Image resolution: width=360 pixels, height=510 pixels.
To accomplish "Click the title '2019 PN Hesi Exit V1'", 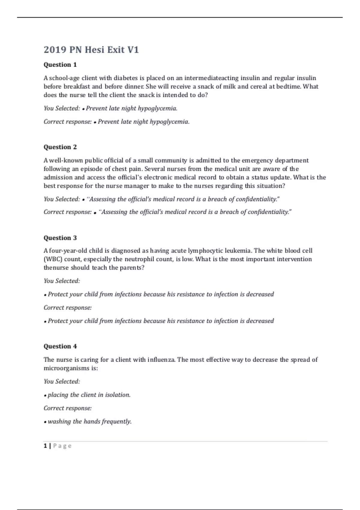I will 91,49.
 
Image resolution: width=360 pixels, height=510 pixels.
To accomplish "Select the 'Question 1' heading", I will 60,64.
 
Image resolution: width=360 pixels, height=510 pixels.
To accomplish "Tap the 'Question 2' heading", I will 60,147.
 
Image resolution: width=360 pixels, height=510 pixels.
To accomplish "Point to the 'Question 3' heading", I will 60,238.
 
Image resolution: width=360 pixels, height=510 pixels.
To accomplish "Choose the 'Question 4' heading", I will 60,346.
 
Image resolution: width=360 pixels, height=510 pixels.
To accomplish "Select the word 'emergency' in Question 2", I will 257,160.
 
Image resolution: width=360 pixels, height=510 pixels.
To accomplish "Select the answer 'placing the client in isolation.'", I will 89,395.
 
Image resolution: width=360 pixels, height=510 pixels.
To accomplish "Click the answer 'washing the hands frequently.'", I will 90,421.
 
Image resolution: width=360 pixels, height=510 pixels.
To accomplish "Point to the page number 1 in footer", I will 45,446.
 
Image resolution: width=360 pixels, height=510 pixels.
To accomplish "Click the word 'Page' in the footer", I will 62,446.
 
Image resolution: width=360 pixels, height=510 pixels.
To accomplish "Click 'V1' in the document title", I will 133,49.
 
